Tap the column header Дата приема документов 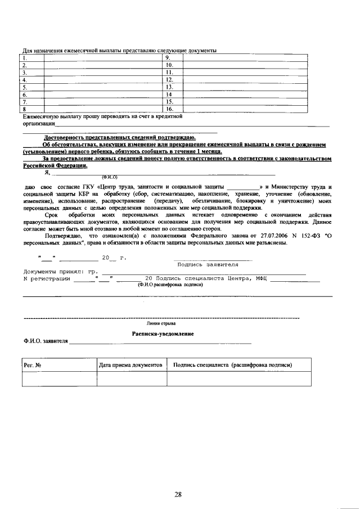(131, 365)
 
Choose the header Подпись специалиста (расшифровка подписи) (233, 365)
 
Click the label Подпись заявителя (208, 264)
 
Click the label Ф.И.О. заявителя (46, 341)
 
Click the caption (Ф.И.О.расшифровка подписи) (170, 285)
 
